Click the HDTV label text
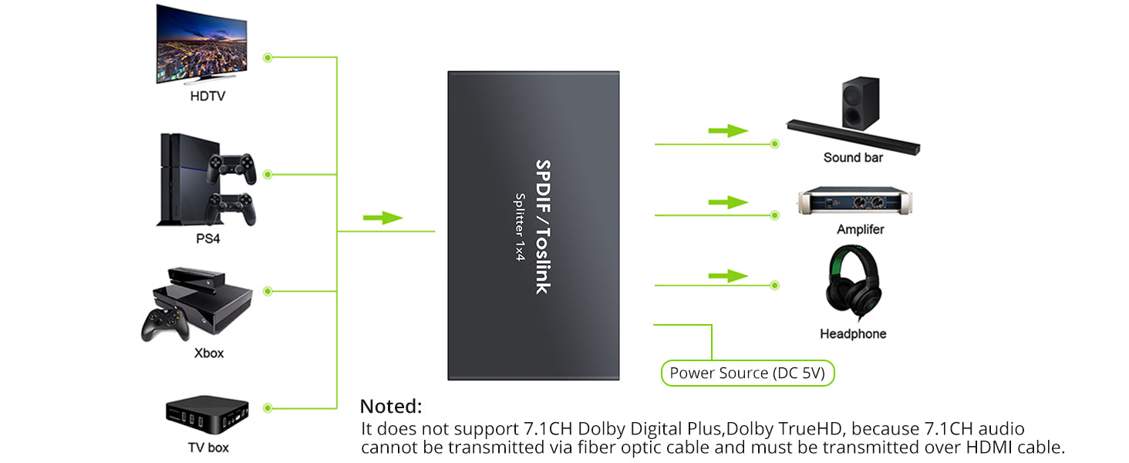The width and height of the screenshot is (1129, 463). (207, 96)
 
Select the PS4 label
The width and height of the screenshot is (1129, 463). (207, 238)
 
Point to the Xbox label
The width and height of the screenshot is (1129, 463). (208, 353)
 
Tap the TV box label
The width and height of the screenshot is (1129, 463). (208, 447)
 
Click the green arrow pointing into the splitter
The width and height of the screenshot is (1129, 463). (383, 218)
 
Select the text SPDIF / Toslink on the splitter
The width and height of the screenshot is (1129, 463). (542, 227)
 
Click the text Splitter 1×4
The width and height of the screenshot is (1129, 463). (519, 227)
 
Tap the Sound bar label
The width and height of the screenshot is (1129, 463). (853, 157)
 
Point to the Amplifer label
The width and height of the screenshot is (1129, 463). (861, 229)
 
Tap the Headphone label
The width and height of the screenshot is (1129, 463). (853, 333)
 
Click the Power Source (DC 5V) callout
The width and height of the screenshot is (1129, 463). (747, 373)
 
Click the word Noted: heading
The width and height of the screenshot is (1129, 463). (391, 406)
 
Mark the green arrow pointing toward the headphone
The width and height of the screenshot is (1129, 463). (728, 276)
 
